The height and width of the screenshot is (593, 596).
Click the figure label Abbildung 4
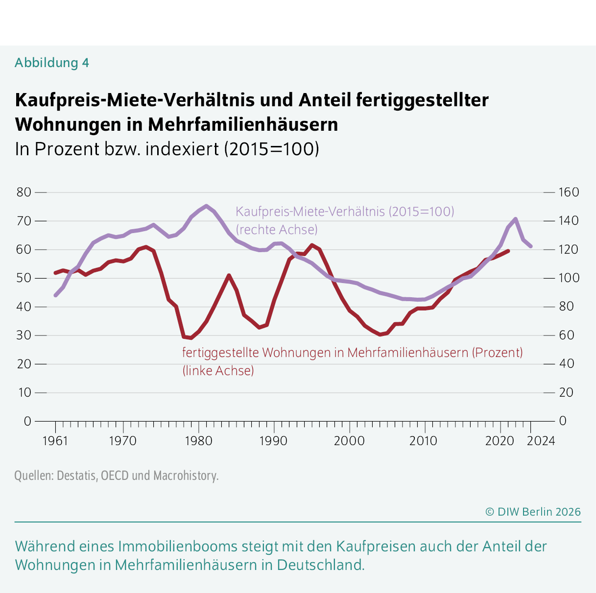click(51, 63)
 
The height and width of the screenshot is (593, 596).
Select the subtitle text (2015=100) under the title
click(271, 149)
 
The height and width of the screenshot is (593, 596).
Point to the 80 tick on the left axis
click(24, 192)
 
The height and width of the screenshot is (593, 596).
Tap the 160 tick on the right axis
click(568, 192)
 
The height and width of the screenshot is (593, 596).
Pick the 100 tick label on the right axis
click(568, 278)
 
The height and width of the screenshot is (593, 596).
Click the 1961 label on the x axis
click(55, 441)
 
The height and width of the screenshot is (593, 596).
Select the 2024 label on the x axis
click(541, 441)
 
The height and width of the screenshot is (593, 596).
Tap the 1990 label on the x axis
click(273, 441)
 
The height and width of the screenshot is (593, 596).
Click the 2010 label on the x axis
click(423, 441)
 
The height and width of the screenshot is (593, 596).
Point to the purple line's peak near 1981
click(206, 206)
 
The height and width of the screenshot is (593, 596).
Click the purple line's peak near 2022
click(515, 219)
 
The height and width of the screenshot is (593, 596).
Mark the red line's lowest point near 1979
click(191, 338)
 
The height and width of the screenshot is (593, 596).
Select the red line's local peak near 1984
click(229, 276)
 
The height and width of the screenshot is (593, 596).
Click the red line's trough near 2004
click(380, 334)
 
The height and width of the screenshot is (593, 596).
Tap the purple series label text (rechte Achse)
click(277, 230)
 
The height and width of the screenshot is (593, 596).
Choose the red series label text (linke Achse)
click(218, 371)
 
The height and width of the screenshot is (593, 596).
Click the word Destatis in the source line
click(77, 475)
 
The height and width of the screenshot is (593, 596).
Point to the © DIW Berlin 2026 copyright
click(533, 512)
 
